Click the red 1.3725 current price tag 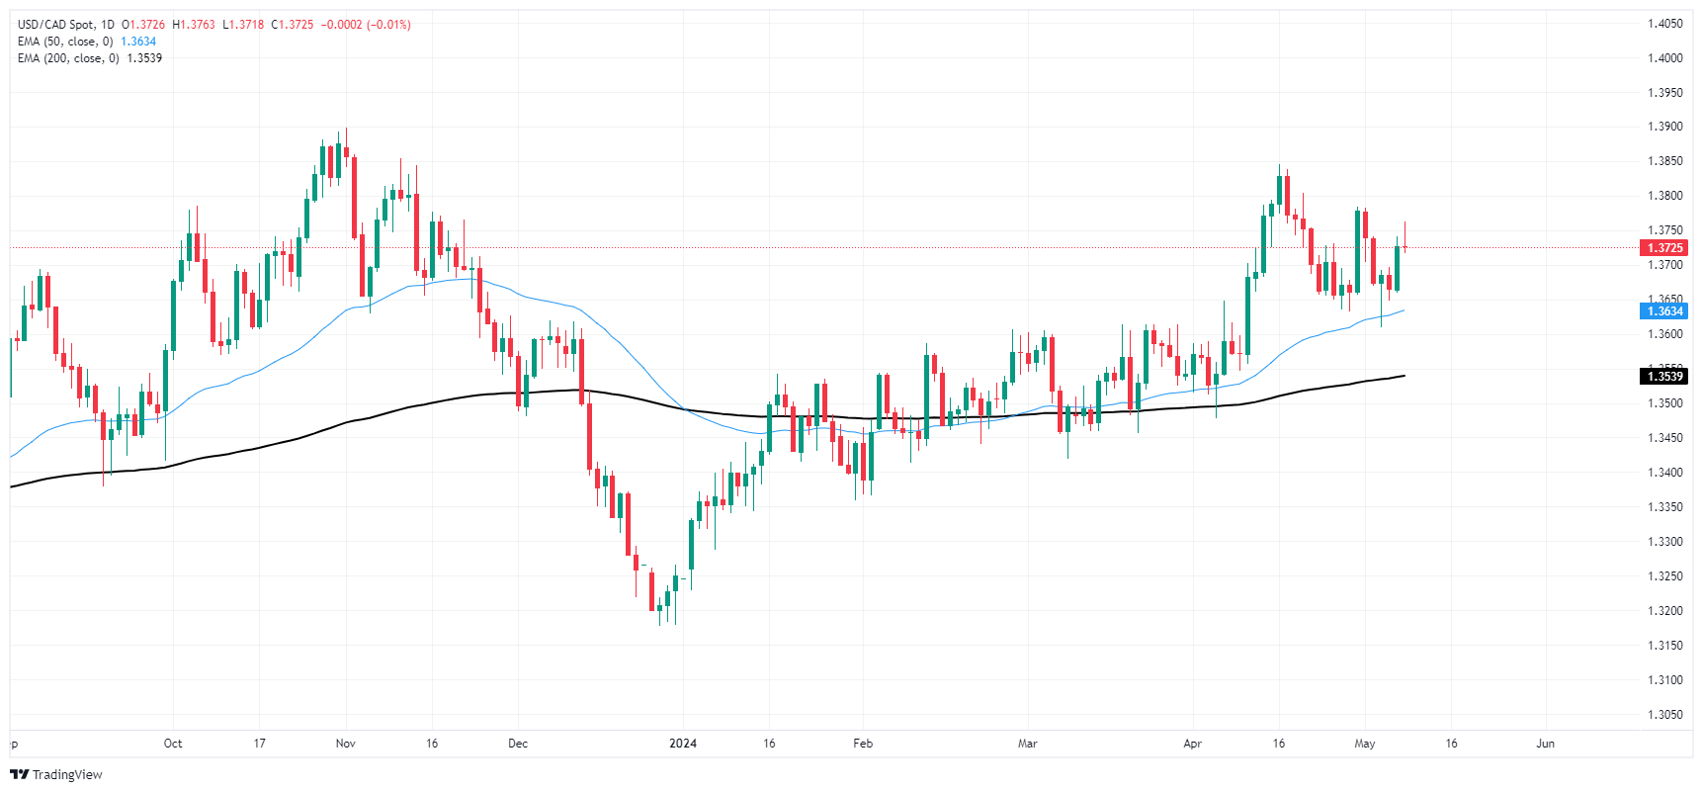coord(1664,248)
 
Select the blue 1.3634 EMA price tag coord(1664,311)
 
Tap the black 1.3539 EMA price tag coord(1664,377)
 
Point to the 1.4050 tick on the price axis coord(1664,24)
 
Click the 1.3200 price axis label coord(1664,611)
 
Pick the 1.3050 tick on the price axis coord(1664,715)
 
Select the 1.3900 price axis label coord(1664,127)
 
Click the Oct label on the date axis coord(173,744)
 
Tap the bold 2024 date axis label coord(683,744)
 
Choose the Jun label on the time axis coord(1545,744)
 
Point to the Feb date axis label coord(863,744)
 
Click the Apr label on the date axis coord(1192,744)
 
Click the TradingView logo coord(56,774)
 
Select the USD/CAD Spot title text coord(57,25)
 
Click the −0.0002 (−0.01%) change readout coord(366,25)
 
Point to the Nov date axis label coord(345,744)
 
